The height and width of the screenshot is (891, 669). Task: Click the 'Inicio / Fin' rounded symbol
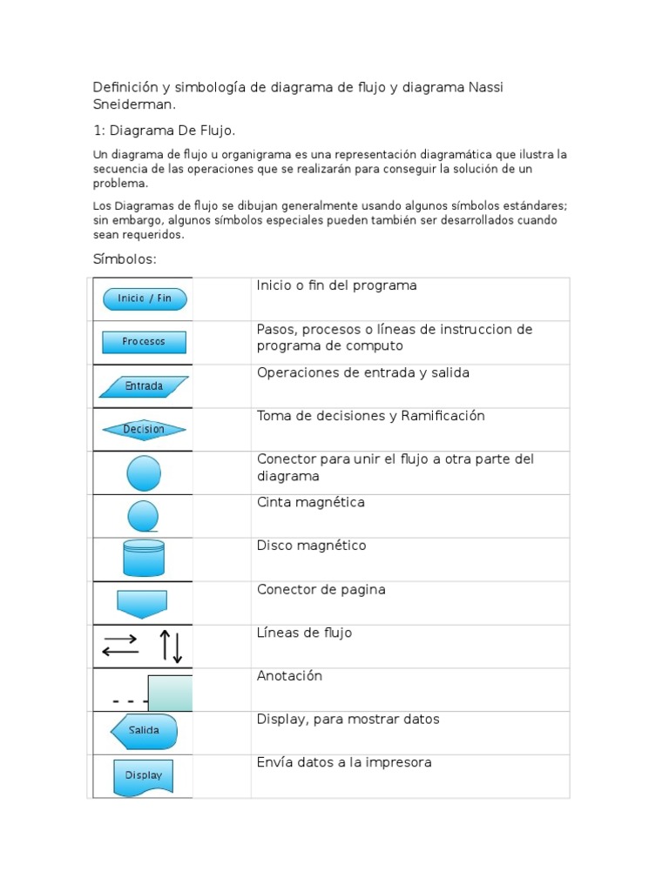(145, 298)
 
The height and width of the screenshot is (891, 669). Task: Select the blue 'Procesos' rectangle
(144, 342)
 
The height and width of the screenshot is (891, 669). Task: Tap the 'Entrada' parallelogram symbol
(144, 386)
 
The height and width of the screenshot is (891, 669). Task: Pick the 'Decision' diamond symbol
(144, 429)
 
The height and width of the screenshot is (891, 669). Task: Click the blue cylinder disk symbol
(144, 559)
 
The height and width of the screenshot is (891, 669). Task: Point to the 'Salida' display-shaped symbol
(144, 731)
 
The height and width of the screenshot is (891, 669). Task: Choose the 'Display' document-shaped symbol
(144, 776)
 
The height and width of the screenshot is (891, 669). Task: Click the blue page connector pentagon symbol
(142, 603)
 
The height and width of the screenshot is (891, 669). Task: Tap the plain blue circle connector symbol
(144, 473)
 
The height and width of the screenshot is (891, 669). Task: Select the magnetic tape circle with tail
(143, 516)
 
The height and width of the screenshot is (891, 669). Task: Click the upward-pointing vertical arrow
(165, 646)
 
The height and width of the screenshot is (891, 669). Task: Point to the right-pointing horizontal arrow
(120, 640)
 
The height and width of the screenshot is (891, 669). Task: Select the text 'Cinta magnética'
(310, 503)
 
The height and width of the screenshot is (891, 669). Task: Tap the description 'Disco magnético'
(311, 546)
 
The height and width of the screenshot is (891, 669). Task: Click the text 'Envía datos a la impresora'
(344, 763)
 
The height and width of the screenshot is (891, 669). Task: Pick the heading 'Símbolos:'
(125, 259)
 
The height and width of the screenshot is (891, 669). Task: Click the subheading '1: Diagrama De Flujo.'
(165, 131)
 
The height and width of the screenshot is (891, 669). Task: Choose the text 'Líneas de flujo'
(304, 633)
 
